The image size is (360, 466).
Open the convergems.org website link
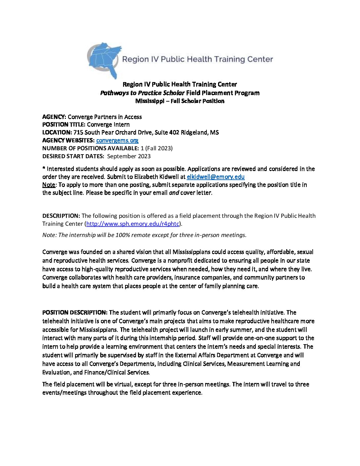[117, 140]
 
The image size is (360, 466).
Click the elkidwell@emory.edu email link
[215, 177]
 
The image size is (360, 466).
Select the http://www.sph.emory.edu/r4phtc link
[133, 224]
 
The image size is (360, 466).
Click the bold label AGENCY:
[54, 117]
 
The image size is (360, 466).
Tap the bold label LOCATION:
[57, 132]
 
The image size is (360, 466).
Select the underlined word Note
[49, 185]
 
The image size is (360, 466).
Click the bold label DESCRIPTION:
[61, 216]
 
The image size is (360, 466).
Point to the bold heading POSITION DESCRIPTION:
[75, 312]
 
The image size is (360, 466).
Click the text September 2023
[129, 156]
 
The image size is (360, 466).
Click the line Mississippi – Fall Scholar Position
[180, 101]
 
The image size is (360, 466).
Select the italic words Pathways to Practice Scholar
[142, 93]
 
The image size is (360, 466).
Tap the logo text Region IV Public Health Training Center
[198, 59]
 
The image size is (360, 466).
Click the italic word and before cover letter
[174, 193]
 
